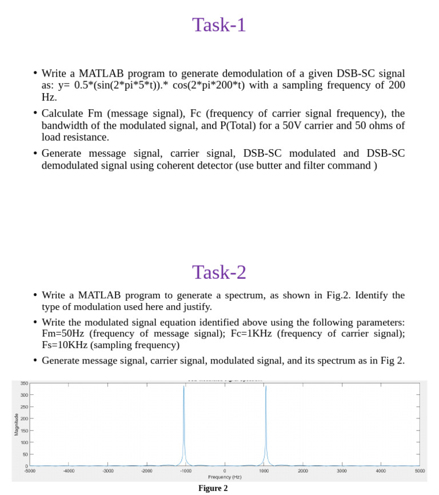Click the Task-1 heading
[x=219, y=25]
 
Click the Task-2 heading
[x=219, y=272]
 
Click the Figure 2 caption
[x=213, y=488]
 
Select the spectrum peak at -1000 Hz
[x=184, y=389]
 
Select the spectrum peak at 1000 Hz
[x=265, y=389]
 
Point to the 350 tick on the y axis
[x=24, y=383]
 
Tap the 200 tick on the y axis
[x=24, y=419]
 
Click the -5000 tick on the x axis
[x=30, y=471]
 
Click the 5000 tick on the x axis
[x=420, y=471]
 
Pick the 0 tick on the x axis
[x=225, y=471]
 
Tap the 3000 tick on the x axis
[x=342, y=471]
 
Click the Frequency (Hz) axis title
[x=225, y=477]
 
